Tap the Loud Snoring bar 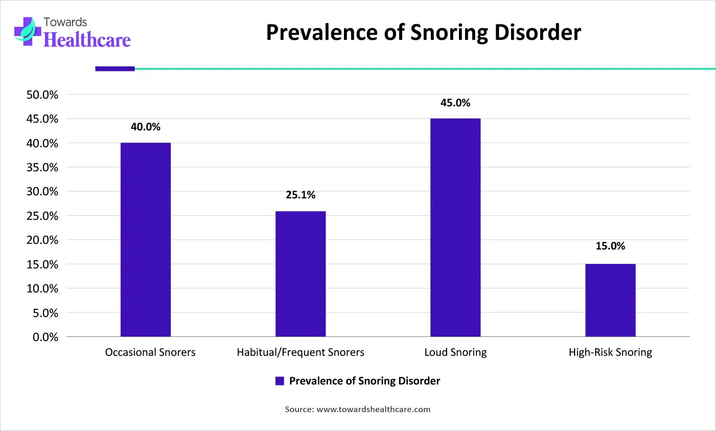click(455, 228)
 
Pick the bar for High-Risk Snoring click(610, 300)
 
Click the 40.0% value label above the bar click(146, 127)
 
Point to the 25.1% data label click(301, 195)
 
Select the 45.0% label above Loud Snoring click(455, 103)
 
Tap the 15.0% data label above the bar click(610, 246)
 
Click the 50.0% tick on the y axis click(42, 95)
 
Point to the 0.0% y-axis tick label click(45, 337)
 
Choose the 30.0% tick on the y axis click(42, 192)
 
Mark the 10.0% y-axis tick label click(42, 288)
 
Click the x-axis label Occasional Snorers click(150, 352)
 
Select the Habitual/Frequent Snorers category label click(301, 352)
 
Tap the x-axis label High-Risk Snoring click(610, 352)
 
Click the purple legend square click(280, 381)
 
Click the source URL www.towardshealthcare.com click(374, 409)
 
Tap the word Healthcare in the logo click(87, 40)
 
